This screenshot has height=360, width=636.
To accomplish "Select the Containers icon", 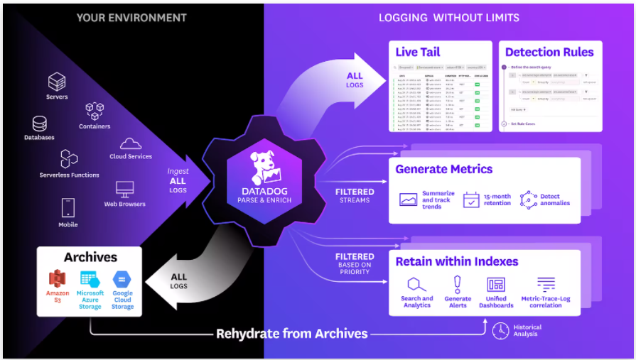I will click(95, 111).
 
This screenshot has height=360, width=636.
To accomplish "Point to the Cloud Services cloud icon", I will click(131, 144).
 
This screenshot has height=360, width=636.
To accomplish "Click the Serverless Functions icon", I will click(69, 158).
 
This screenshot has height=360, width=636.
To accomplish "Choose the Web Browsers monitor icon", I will click(125, 190).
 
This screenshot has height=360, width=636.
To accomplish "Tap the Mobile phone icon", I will click(68, 208).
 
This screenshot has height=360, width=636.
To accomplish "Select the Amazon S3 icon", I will click(58, 279).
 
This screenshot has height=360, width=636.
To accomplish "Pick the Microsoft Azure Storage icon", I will click(90, 279).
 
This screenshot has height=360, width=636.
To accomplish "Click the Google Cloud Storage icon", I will click(122, 279).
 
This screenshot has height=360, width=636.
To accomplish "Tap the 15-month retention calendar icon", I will click(472, 200).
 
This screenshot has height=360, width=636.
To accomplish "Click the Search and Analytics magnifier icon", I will click(416, 284).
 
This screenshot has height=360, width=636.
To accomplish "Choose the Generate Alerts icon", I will click(458, 284).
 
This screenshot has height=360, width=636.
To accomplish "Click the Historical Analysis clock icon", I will click(500, 330).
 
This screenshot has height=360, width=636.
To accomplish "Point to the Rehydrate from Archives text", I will click(292, 333).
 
